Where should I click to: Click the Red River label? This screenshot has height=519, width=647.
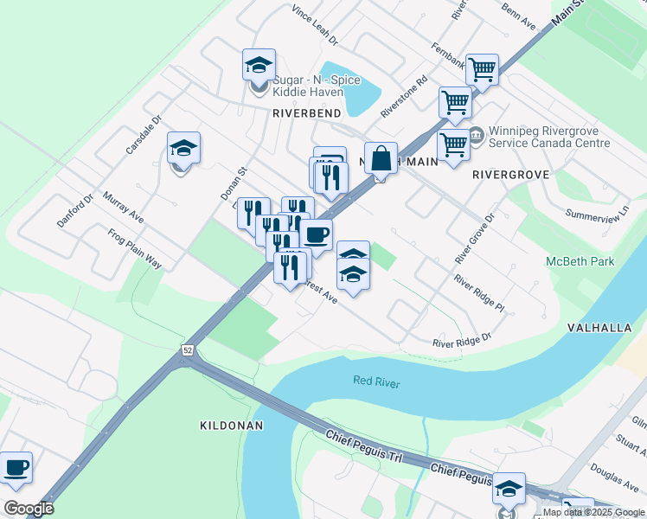(376, 381)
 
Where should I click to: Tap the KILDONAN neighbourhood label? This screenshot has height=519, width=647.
(230, 426)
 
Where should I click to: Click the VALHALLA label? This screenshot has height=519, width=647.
(606, 328)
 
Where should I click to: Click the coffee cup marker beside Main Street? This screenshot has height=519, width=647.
(317, 234)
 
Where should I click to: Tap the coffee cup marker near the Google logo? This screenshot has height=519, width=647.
(16, 468)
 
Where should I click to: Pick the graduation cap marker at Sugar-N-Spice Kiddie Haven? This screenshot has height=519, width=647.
(259, 65)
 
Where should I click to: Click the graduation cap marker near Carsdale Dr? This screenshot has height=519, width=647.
(183, 148)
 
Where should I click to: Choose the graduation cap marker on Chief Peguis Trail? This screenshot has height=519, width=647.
(509, 489)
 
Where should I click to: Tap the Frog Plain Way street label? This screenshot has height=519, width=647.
(135, 247)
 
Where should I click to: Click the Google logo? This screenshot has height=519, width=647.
(29, 509)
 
